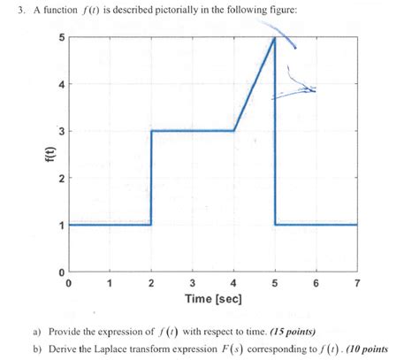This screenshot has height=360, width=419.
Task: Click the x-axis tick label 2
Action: tap(151, 283)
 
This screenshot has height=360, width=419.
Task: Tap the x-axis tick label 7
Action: tap(357, 283)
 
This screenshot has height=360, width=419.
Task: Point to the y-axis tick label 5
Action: tap(60, 37)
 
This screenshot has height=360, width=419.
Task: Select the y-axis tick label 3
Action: tap(60, 131)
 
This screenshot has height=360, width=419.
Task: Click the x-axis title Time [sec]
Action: tap(212, 299)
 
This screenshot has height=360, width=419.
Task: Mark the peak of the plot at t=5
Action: tap(275, 38)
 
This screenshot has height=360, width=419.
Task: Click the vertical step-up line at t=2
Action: tap(151, 177)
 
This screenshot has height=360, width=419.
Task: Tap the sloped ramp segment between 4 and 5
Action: tap(255, 85)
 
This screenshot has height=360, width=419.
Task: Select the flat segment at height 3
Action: tap(193, 131)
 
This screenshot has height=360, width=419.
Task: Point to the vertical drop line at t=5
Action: tap(275, 159)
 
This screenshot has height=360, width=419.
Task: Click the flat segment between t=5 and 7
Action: tap(316, 225)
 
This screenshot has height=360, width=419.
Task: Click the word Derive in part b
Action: tap(60, 349)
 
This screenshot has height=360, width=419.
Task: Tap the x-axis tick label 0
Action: tap(69, 283)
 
